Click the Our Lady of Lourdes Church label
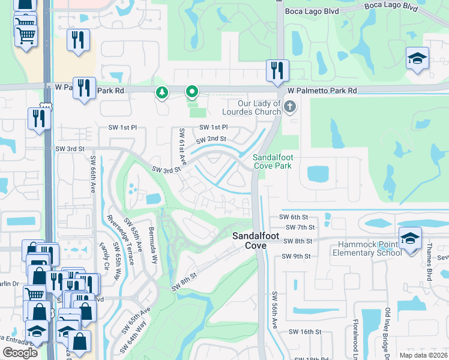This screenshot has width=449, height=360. (251, 107)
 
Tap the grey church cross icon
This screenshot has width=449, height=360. (290, 107)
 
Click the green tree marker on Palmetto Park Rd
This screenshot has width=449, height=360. (161, 92)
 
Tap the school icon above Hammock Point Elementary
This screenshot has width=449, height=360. (410, 238)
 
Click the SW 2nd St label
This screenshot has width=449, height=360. (214, 139)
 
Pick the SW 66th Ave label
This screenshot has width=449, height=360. (93, 175)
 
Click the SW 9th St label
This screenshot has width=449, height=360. (297, 256)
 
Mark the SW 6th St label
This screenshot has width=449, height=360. (293, 217)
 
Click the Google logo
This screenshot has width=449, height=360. (20, 352)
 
